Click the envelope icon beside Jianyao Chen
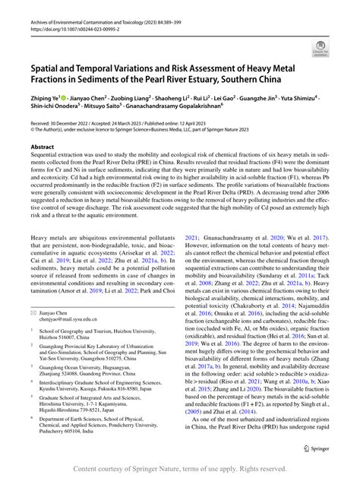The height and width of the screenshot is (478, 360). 34,312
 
